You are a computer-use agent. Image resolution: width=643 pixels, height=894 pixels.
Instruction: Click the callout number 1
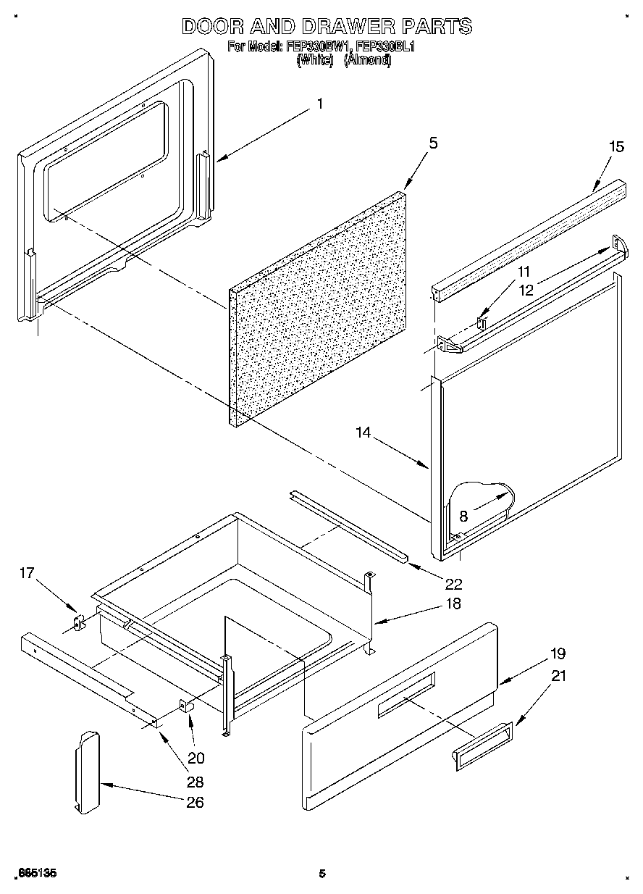point(320,104)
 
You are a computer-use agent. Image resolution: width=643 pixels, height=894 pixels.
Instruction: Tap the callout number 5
point(433,143)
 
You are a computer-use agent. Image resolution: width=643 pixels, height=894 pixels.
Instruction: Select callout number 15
point(616,146)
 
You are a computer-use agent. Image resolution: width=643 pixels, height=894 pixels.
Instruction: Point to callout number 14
point(363,433)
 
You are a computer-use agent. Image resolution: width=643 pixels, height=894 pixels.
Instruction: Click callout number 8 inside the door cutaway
point(463,517)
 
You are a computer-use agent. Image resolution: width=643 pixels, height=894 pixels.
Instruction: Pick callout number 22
point(454,583)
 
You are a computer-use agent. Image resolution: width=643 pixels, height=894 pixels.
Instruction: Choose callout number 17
point(27,573)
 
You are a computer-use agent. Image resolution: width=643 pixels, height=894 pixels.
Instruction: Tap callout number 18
point(454,603)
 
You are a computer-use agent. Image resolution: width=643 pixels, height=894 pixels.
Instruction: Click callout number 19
point(558,653)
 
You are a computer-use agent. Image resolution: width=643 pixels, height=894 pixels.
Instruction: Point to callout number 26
point(195,802)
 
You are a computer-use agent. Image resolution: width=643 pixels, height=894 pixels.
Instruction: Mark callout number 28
point(195,782)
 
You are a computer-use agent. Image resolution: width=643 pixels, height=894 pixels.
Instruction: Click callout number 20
point(196,759)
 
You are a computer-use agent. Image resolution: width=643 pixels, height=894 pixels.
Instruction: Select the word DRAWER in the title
point(340,27)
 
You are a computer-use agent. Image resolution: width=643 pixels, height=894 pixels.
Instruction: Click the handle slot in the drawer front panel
point(405,696)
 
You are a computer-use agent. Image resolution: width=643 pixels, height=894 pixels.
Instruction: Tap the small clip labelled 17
point(79,622)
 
